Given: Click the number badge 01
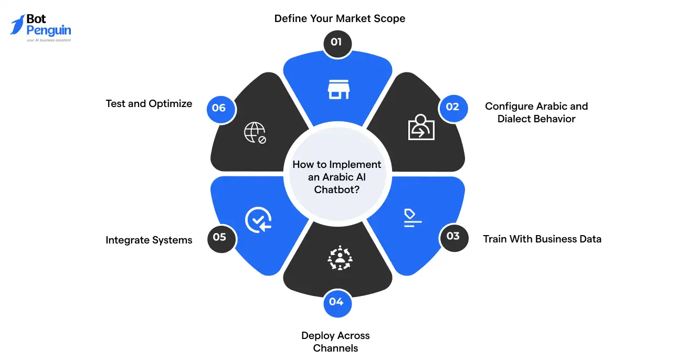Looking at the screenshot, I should click(x=336, y=41).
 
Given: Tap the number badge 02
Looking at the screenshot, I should click(x=452, y=107).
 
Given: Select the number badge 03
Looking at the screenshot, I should click(x=452, y=236).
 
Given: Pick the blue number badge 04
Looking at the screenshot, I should click(x=336, y=302).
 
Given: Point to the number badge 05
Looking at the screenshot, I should click(x=220, y=237).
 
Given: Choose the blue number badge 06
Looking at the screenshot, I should click(x=219, y=108).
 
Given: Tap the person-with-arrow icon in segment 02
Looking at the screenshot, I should click(x=421, y=127).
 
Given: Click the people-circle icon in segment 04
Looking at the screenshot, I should click(x=340, y=258).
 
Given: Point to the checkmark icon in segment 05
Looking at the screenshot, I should click(x=258, y=219).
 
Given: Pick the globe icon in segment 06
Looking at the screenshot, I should click(x=255, y=133).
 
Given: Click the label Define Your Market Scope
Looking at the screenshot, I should click(x=340, y=19).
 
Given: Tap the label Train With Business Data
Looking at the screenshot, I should click(x=542, y=239).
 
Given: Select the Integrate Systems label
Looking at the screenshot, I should click(x=149, y=240).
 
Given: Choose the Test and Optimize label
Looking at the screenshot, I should click(x=149, y=104).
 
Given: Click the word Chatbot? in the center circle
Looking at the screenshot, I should click(x=337, y=190).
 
